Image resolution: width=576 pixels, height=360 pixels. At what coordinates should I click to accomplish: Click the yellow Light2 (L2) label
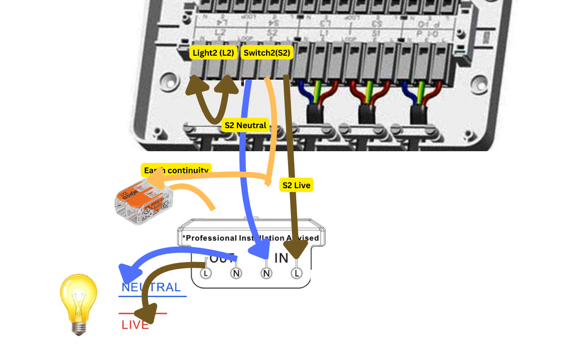click(x=214, y=53)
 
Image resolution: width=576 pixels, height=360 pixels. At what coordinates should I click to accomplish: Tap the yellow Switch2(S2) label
click(x=267, y=53)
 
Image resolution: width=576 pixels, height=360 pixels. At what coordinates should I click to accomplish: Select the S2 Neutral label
click(x=245, y=126)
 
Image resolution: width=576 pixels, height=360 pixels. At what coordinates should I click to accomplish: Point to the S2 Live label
click(x=296, y=185)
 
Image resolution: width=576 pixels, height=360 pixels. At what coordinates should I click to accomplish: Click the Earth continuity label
click(x=176, y=170)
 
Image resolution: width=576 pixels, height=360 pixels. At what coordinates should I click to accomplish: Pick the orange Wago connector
click(x=142, y=202)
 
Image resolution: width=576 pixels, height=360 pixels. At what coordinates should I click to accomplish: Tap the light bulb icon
click(x=78, y=303)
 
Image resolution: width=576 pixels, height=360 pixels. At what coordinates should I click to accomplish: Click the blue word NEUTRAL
click(x=151, y=288)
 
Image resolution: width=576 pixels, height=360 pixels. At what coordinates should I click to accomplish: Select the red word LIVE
click(x=135, y=325)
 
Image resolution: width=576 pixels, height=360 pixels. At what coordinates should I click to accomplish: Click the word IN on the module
click(x=281, y=258)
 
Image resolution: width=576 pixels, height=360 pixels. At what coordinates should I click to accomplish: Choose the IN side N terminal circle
click(x=266, y=273)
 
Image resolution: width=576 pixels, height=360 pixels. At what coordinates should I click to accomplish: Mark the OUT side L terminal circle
click(x=205, y=273)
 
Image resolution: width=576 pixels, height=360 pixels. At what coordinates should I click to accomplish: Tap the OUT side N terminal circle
click(x=236, y=273)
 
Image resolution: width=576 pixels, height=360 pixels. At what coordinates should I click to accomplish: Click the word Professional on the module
click(x=211, y=238)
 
